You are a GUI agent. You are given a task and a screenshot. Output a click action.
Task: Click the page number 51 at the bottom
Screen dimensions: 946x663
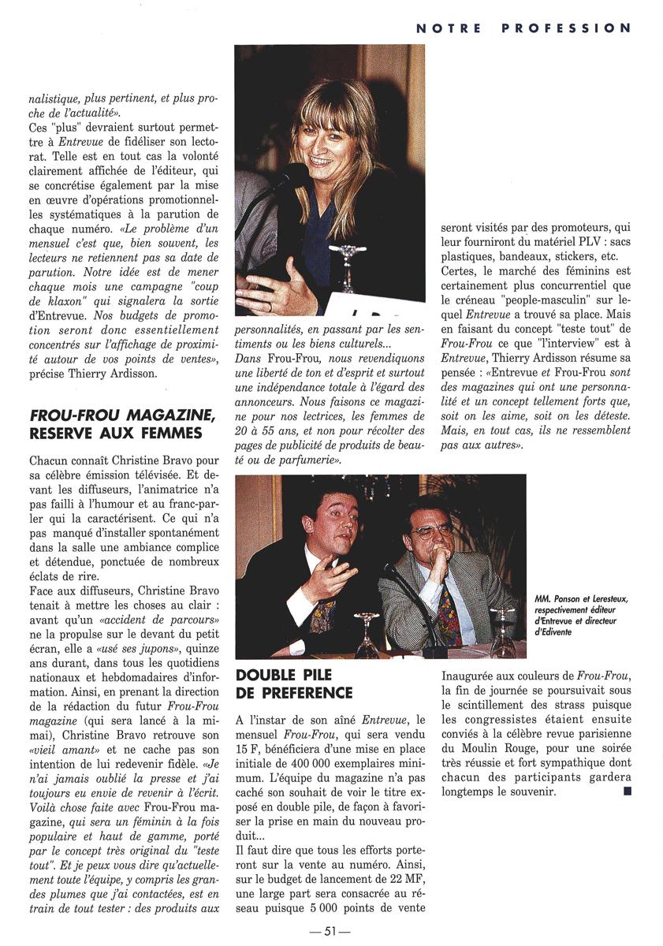click(x=330, y=931)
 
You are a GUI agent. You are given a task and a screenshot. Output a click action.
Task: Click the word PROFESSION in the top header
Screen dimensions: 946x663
click(x=566, y=28)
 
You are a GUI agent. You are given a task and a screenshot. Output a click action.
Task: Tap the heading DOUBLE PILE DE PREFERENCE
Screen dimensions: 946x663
click(x=294, y=683)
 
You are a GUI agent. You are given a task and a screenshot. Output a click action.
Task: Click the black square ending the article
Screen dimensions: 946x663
click(x=626, y=791)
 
